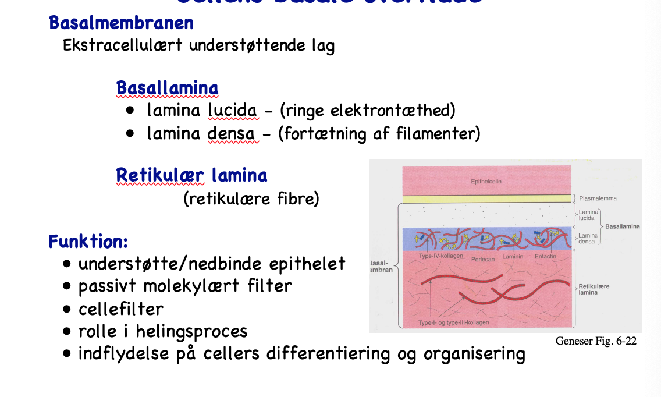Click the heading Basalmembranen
tap(121, 23)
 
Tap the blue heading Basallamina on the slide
tap(167, 88)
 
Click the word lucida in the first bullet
tap(232, 110)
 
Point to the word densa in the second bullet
tap(231, 134)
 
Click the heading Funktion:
tap(88, 241)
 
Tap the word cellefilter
tap(121, 309)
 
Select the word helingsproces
tap(191, 332)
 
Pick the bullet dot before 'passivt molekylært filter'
tap(67, 286)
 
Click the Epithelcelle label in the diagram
tap(486, 182)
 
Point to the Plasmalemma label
tap(598, 198)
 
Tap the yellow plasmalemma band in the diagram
tap(486, 198)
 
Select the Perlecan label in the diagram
tap(483, 260)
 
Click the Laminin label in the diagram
tap(513, 256)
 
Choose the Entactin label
tap(545, 256)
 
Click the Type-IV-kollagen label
tap(441, 256)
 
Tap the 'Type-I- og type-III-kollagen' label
tap(454, 322)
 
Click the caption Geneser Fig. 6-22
tap(596, 341)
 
